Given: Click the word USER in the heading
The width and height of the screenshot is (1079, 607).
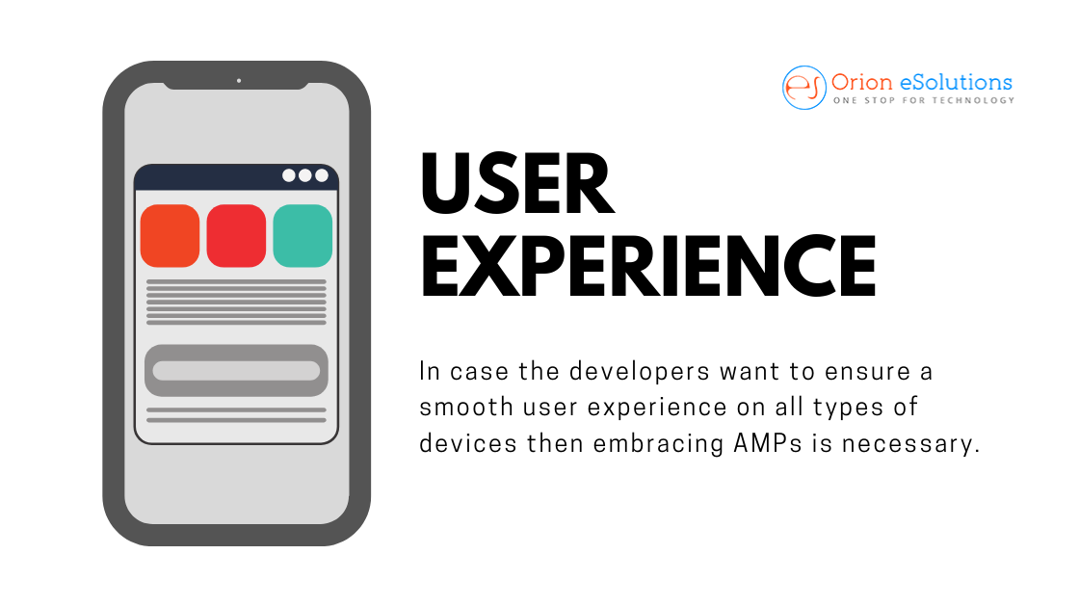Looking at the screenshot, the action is point(516,184).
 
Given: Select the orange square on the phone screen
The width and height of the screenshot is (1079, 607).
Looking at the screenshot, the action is point(170,235).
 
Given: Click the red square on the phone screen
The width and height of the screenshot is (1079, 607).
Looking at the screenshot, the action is point(236,235).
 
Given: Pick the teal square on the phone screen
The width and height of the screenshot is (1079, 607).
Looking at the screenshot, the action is point(303,235).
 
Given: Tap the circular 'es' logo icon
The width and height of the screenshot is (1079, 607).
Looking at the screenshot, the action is point(803,88).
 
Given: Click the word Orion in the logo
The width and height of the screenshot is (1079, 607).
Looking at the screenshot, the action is point(862,83).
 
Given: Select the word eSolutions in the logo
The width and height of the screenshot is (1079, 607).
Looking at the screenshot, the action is point(957,83).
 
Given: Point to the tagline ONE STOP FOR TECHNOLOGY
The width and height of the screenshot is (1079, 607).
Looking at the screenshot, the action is point(924,100).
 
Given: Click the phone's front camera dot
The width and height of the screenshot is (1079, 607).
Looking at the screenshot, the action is point(239,81).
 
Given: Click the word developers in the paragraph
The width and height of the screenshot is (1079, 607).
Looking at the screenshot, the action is point(640,372).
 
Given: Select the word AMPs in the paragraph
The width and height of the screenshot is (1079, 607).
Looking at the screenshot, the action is point(768,443).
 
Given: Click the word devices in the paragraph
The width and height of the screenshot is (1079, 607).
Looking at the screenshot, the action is point(468,443).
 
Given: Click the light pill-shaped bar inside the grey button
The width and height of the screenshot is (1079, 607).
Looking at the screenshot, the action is point(236,371).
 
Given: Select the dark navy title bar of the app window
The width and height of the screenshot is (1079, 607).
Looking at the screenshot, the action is point(236,177).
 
